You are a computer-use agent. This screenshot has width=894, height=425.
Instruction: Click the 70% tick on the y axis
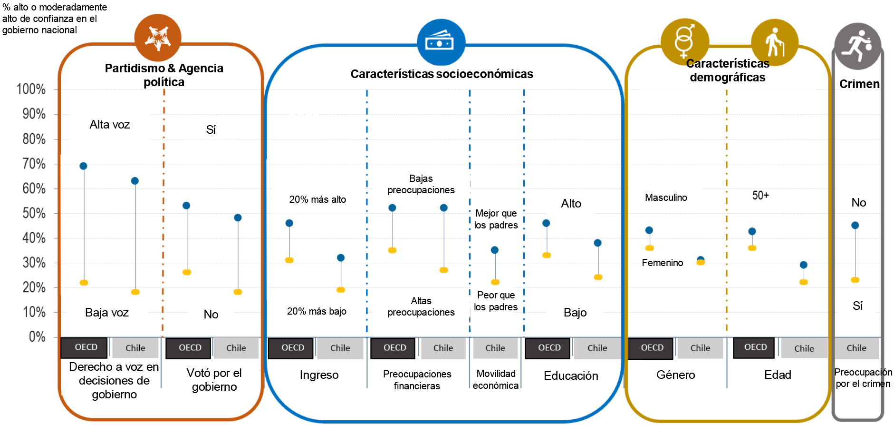34,164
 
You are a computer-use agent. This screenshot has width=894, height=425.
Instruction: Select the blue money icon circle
441,42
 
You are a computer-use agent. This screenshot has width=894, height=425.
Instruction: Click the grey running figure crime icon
857,46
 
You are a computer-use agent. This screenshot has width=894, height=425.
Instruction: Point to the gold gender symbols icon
684,42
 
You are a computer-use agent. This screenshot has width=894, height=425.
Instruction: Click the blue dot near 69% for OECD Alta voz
84,166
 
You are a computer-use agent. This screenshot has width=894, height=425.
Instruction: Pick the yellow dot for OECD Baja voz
84,283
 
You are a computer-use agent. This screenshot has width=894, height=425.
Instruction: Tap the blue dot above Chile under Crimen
855,226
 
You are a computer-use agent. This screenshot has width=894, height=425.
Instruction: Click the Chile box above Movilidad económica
495,348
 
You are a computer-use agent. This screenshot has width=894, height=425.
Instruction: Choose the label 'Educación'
571,376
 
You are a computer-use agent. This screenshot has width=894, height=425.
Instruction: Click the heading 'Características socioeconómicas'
442,74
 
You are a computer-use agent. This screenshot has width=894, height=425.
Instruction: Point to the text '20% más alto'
317,199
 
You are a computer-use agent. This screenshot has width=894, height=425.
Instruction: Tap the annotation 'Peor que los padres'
496,301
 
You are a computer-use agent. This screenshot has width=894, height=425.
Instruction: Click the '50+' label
760,196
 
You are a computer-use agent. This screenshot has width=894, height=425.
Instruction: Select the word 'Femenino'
662,263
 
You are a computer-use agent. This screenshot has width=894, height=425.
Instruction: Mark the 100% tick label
31,89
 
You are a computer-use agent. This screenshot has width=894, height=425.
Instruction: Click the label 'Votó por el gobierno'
214,380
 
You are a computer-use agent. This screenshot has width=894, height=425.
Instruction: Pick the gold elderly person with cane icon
775,42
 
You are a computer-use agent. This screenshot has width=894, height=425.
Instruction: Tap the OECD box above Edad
755,347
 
